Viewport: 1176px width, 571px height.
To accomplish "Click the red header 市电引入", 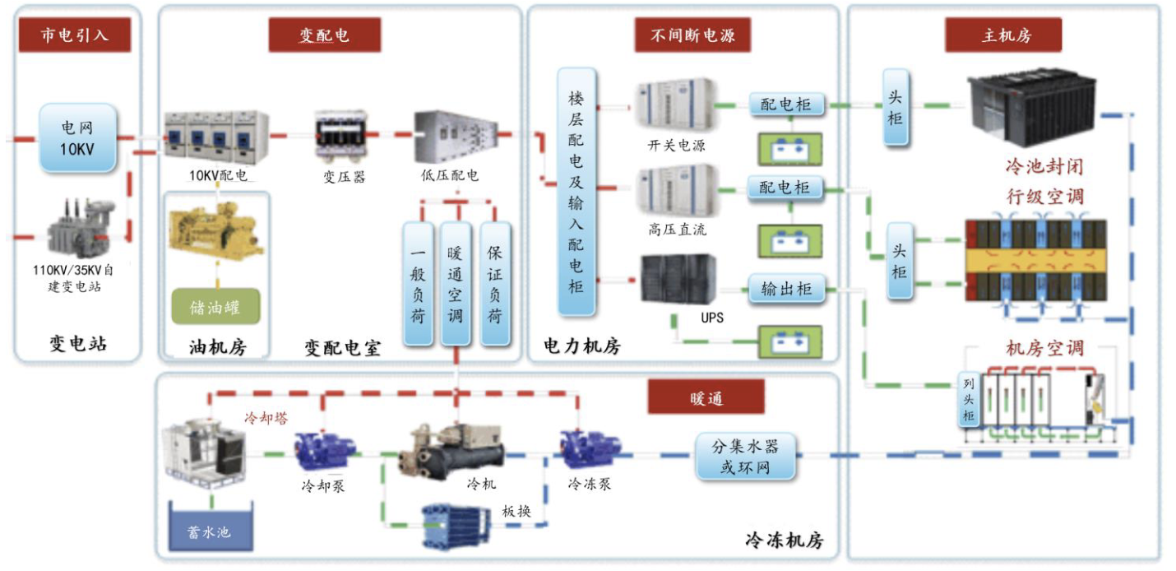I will pos(75,35).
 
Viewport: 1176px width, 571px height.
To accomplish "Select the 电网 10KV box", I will pos(78,137).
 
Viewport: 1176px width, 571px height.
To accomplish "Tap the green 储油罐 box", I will pos(215,307).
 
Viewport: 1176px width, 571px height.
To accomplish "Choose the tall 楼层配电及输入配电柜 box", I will pos(576,193).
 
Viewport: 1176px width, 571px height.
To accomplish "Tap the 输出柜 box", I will pos(786,289).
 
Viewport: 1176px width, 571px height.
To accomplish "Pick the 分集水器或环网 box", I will pos(745,457).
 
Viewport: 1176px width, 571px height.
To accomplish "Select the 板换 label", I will pos(516,511).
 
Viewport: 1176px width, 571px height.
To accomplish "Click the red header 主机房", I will pos(1003,35).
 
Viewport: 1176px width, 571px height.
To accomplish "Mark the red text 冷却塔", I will pos(265,419).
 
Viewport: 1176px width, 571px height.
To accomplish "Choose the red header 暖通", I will pos(706,398).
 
